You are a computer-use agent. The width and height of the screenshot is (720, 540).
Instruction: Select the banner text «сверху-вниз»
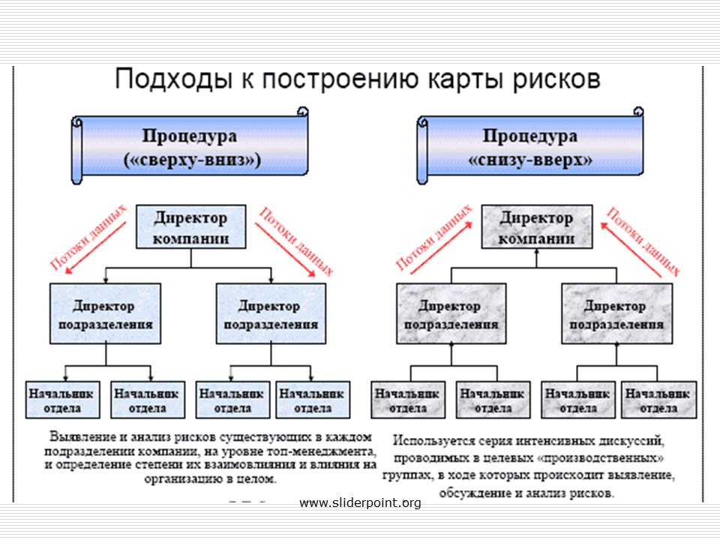click(193, 160)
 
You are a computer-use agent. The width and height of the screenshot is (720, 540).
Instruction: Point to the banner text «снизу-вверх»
click(530, 160)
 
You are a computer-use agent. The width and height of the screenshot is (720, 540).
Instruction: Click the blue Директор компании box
click(191, 226)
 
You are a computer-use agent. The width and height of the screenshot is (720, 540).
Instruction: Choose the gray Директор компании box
click(537, 226)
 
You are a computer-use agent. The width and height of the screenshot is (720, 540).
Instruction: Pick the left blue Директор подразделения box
click(105, 313)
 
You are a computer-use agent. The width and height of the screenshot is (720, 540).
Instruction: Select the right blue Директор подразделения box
click(271, 313)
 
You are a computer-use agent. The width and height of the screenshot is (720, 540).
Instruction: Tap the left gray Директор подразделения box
click(451, 313)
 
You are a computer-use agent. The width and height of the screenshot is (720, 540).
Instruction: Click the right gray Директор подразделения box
click(616, 313)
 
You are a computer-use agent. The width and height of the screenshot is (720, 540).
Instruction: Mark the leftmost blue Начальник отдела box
click(62, 400)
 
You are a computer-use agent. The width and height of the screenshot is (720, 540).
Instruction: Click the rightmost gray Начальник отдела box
click(659, 400)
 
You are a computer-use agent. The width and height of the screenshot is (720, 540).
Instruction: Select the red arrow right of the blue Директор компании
click(285, 250)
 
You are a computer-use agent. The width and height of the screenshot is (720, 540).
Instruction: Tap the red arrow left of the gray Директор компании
click(441, 248)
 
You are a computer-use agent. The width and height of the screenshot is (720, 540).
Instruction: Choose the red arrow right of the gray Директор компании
click(631, 250)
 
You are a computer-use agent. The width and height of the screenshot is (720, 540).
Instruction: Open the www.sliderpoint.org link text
click(360, 503)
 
